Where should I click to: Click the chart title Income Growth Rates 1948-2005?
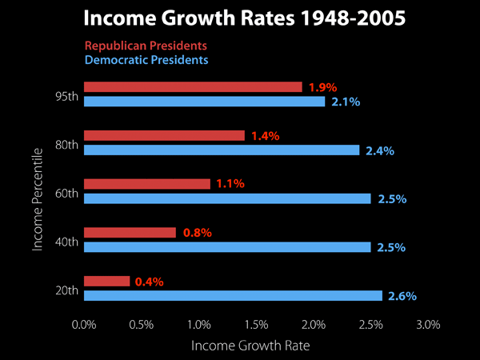tap(240, 18)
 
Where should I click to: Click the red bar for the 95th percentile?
tap(193, 87)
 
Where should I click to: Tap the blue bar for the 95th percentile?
tap(204, 102)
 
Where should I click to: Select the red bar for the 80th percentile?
tap(164, 136)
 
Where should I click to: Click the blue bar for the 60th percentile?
tap(227, 198)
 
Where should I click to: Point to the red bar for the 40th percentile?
tap(130, 233)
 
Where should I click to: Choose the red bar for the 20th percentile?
tap(106, 281)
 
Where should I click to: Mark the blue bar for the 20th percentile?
tap(233, 295)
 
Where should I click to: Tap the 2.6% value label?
tap(402, 296)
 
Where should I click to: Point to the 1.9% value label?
tap(322, 87)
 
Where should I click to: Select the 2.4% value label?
tap(379, 150)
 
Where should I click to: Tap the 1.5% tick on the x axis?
tap(256, 325)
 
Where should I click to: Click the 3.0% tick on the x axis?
tap(429, 325)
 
